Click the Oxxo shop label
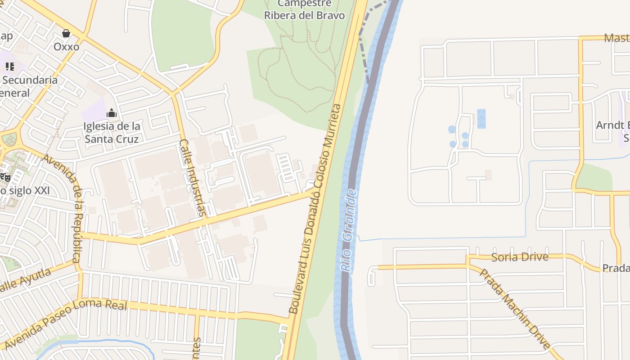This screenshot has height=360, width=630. (66, 47)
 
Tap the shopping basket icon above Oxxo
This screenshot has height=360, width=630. (66, 33)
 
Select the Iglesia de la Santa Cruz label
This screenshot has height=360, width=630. (112, 132)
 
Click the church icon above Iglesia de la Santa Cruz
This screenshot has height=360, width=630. (112, 112)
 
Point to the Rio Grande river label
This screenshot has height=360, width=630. (349, 230)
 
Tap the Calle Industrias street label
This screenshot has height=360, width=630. (195, 178)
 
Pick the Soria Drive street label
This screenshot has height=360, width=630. (520, 257)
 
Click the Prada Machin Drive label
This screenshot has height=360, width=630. (515, 309)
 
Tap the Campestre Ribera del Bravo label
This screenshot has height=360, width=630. (304, 9)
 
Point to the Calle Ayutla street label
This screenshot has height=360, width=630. (25, 282)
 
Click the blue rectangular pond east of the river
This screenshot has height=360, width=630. (481, 119)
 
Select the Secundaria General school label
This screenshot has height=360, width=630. (29, 86)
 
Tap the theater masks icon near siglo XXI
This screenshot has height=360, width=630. (5, 177)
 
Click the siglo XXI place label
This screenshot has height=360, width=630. (25, 190)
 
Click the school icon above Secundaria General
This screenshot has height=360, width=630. (10, 67)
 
